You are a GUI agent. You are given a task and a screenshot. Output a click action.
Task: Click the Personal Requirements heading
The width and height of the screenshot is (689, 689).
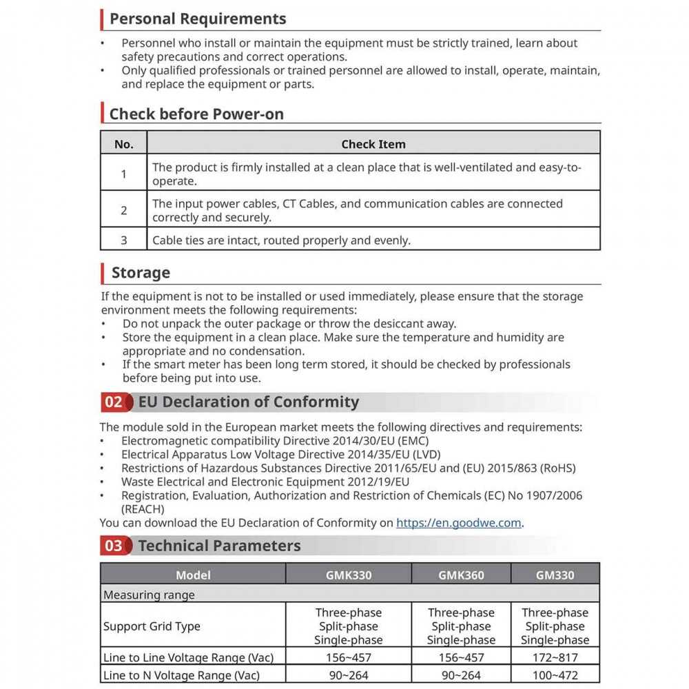coord(198,19)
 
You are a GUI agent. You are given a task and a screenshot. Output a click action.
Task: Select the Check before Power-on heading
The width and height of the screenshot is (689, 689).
coord(196,114)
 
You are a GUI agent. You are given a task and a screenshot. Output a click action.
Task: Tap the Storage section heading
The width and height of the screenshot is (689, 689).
coord(141,273)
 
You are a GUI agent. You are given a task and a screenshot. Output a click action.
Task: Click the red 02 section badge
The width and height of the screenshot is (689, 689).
coord(114,402)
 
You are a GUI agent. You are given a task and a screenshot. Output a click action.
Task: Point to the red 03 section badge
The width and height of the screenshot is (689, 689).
coord(114,546)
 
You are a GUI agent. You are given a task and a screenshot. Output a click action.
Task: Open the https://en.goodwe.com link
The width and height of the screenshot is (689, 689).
coord(458,522)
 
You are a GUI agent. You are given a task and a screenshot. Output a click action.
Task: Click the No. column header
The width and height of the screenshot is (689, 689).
coord(124,144)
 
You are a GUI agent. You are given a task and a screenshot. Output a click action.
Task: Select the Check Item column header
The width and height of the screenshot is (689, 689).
coord(373,144)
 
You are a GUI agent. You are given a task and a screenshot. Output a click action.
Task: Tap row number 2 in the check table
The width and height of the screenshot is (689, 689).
coord(124,210)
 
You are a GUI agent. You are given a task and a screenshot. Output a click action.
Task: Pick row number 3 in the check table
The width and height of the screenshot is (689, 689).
coord(124,240)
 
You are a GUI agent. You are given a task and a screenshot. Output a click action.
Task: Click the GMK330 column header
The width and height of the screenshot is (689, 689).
coord(349,575)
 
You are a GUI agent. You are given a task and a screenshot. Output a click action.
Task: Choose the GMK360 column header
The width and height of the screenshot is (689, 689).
coord(461,575)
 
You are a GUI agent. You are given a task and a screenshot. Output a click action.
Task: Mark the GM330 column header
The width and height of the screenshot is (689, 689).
coord(555,575)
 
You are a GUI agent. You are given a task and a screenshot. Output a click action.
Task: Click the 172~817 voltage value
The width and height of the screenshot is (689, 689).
coord(555,658)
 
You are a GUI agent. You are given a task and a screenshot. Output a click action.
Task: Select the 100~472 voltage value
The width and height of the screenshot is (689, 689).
coord(555,675)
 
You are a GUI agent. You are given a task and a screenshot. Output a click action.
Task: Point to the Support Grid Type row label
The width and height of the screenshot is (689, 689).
coord(152,626)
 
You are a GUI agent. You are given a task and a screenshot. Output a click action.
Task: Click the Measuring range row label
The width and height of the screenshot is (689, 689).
coord(149,595)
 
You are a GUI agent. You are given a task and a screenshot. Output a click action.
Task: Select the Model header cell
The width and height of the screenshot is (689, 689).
coord(193,575)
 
